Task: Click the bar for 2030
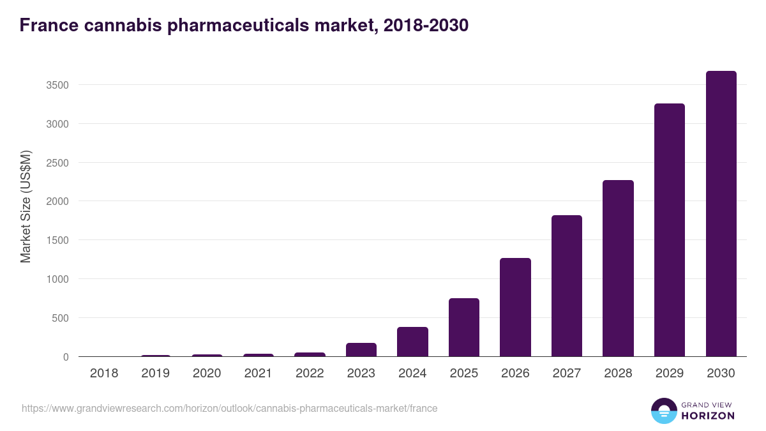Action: [x=721, y=214]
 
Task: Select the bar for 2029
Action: [x=670, y=230]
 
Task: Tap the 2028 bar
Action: [x=618, y=268]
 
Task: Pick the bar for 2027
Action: [x=567, y=286]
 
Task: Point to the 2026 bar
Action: [x=515, y=307]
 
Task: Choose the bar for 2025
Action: [x=464, y=328]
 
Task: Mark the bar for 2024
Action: [x=412, y=342]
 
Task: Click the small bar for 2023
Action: [x=361, y=350]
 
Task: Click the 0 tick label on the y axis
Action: [x=65, y=357]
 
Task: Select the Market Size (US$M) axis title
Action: [x=26, y=206]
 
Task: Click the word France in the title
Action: [x=49, y=26]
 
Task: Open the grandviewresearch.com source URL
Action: [x=230, y=408]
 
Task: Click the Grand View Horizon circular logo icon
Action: [x=664, y=411]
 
